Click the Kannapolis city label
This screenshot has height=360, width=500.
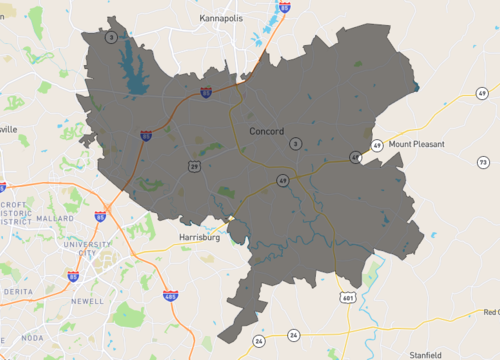[x=228, y=18]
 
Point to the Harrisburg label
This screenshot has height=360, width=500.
[x=198, y=237]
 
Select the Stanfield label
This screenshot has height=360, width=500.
[x=425, y=354]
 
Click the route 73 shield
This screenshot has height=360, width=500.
[x=482, y=162]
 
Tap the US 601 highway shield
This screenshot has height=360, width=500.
[x=347, y=297]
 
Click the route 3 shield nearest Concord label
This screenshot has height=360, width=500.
[x=294, y=144]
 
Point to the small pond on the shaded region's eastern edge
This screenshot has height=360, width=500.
[x=415, y=88]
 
